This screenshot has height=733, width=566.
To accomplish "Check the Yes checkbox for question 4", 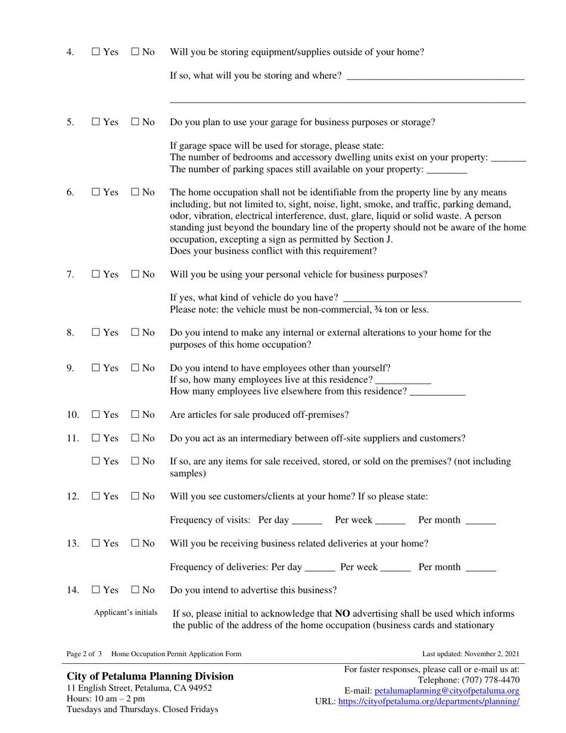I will (97, 52).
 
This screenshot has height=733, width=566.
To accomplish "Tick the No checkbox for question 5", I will (135, 122).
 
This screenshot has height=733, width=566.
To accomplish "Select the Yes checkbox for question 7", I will (97, 275).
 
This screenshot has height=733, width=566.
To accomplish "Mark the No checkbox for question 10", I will (135, 415).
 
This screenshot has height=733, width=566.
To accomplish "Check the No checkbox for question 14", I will (135, 590).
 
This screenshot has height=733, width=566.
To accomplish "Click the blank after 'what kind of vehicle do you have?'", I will (432, 297).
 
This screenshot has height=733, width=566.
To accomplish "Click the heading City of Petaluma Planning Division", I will (150, 676).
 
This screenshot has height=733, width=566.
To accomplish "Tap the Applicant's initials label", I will (126, 612).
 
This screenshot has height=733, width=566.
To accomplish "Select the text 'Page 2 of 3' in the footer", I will (84, 654).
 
